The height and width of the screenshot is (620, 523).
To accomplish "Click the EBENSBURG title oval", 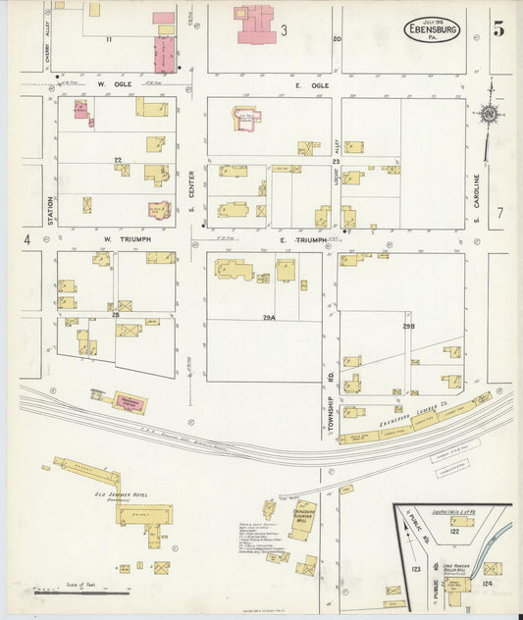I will [432, 29].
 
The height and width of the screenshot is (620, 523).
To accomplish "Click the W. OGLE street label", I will [115, 85].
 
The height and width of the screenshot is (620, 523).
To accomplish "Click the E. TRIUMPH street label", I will [302, 239].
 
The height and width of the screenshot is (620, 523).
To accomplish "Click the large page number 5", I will [499, 29].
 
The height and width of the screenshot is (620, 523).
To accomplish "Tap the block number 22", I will [117, 160].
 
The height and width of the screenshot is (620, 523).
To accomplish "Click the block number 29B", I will [407, 325].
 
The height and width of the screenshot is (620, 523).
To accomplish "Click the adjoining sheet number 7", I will [499, 212].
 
